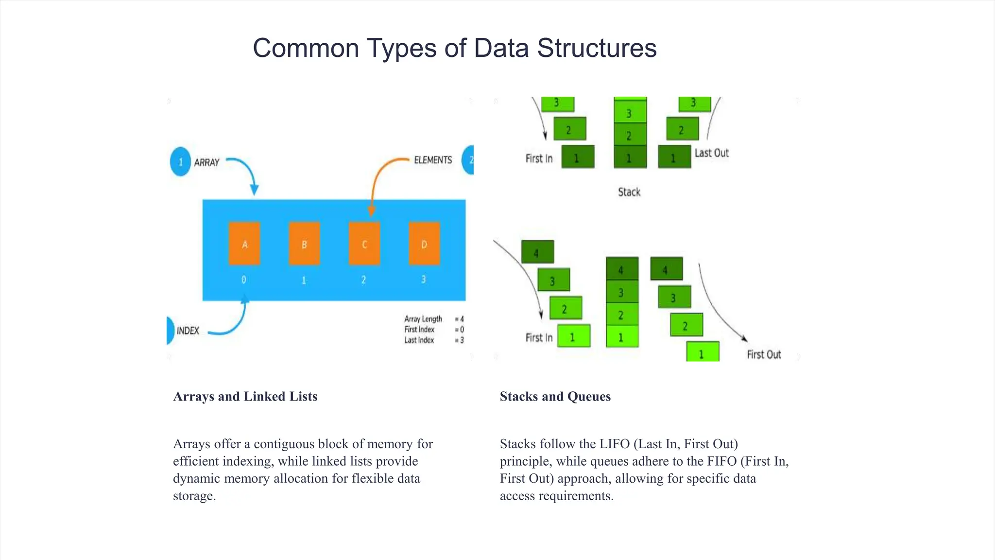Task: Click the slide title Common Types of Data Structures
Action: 454,48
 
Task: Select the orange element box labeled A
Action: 244,244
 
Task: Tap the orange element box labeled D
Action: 424,244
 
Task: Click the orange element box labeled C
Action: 364,244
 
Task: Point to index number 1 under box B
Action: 304,280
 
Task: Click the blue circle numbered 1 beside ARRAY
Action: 180,161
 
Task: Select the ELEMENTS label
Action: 432,160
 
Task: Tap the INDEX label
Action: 188,331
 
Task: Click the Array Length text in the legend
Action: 423,319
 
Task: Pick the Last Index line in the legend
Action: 419,340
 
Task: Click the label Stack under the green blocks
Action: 629,192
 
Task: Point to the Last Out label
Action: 711,153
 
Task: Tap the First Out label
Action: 764,355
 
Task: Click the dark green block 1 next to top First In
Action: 578,157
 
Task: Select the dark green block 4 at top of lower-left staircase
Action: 537,252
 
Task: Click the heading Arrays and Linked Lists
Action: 245,396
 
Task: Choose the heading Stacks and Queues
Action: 555,396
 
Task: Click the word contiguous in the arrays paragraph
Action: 284,444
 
